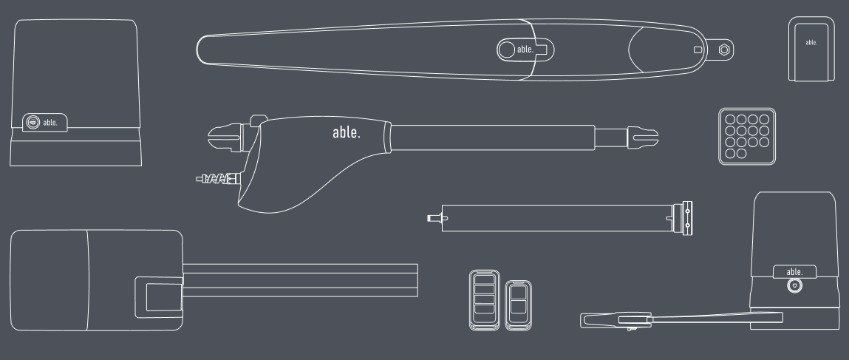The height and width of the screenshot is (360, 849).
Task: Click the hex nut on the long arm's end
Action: (724, 50)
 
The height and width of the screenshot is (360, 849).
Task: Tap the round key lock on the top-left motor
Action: (33, 123)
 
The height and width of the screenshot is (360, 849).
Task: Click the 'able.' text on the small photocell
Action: (811, 42)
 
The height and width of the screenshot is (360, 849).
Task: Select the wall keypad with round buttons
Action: (747, 137)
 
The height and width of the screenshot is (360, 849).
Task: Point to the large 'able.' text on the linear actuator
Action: (347, 132)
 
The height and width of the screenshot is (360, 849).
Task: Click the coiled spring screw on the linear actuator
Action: (218, 179)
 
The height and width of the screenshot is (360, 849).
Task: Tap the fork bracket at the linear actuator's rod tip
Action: (643, 137)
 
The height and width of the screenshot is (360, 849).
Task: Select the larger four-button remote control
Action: (484, 300)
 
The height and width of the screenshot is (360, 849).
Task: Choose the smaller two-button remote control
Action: (518, 305)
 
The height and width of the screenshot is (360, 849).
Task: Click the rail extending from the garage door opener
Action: (301, 280)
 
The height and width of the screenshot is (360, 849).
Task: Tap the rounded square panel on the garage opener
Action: (159, 297)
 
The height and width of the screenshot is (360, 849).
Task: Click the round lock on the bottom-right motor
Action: (794, 285)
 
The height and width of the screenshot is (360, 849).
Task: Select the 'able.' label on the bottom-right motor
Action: (794, 272)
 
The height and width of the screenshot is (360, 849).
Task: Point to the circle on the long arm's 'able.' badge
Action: (506, 50)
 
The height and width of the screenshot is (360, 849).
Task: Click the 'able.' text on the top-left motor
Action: (50, 123)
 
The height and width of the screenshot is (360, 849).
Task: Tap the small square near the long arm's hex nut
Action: (698, 50)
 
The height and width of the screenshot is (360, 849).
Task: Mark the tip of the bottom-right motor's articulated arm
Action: (582, 321)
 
